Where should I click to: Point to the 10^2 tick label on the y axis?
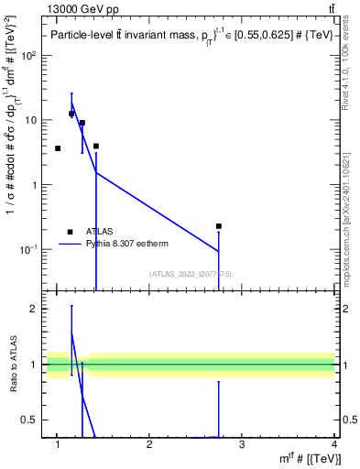point(29,55)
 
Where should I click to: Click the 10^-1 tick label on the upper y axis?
point(28,249)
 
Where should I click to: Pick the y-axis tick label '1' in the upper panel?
point(35,184)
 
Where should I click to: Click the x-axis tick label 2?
point(149,444)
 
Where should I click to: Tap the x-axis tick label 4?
point(334,444)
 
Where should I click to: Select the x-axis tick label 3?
point(242,444)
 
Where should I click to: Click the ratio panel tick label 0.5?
point(30,420)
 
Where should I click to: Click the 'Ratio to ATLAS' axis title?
point(13,365)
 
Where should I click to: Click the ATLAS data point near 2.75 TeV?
point(219,225)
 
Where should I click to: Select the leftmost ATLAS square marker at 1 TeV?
point(58,147)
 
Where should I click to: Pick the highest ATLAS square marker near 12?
point(71,114)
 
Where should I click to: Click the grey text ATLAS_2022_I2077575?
point(197,274)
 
